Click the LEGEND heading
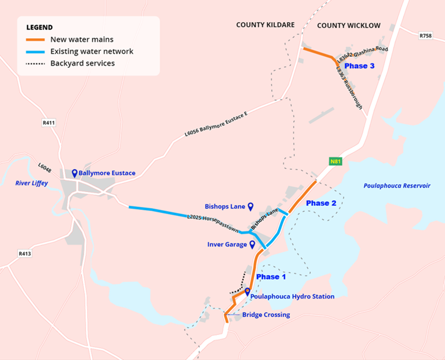point(39,27)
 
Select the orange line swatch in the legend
point(35,39)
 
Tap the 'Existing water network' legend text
point(91,51)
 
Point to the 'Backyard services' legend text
point(82,63)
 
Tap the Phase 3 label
point(360,66)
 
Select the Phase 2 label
point(321,203)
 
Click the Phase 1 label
point(271,277)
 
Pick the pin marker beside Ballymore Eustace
point(75,172)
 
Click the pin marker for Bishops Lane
point(250,206)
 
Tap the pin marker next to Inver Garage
point(252,244)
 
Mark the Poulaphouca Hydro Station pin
point(247,292)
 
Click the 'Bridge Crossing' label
point(266,315)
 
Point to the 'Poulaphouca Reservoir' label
point(397,186)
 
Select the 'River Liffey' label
point(31,183)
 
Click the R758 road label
point(425,36)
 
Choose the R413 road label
point(25,253)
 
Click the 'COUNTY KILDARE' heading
point(265,25)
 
